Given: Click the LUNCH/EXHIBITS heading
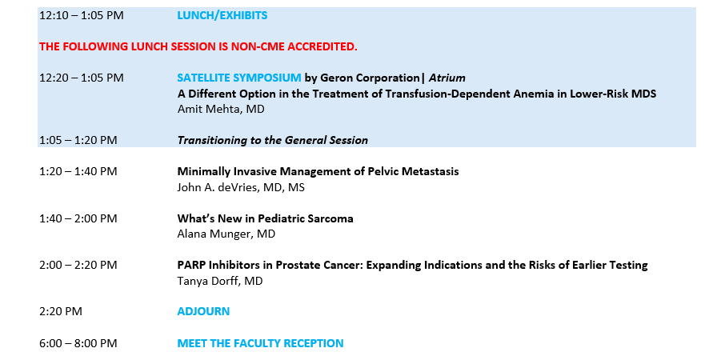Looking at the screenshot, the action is tap(222, 15).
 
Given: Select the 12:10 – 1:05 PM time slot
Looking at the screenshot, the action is tap(82, 15).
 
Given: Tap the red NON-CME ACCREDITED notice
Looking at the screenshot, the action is tap(198, 46).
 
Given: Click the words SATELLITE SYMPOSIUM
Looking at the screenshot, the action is tap(239, 78).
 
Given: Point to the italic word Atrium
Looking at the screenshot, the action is tap(447, 78).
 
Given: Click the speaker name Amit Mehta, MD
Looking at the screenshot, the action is tap(221, 109).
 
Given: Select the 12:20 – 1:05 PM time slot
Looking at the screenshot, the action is tap(82, 78).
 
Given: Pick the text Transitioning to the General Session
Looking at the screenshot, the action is tap(272, 140).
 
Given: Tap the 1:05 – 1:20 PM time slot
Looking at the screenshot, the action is tap(78, 140).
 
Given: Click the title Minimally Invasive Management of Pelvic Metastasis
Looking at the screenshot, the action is tap(318, 171).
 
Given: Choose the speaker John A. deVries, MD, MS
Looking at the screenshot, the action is tap(241, 187).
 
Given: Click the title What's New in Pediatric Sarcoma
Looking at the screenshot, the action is tap(265, 218).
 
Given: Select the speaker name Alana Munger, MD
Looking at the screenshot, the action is tap(226, 234).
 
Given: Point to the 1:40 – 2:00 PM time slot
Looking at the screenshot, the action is tap(78, 218).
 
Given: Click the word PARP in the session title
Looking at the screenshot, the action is tap(189, 265).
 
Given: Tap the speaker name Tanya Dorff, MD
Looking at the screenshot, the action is tap(220, 281).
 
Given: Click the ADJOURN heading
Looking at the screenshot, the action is tap(203, 311).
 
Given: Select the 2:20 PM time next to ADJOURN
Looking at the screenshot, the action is tap(61, 311).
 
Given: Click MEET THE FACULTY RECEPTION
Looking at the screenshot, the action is tap(260, 343).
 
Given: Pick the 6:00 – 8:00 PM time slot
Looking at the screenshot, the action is tap(78, 343).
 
